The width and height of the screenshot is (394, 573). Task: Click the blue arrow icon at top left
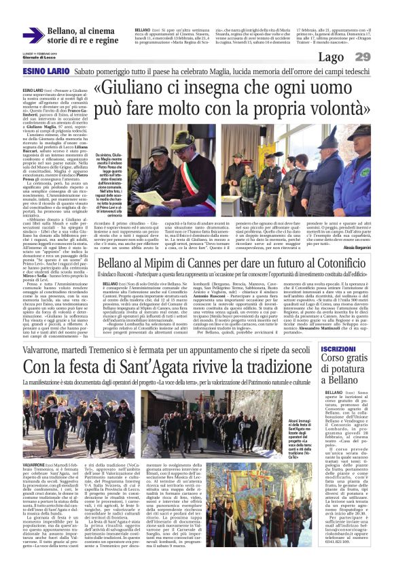[x=33, y=35]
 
